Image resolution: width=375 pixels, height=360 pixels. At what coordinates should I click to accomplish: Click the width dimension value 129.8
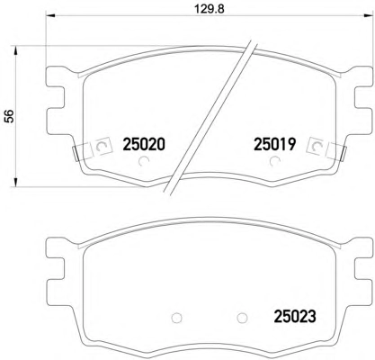click(210, 9)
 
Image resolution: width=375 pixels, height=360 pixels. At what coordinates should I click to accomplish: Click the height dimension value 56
click(10, 116)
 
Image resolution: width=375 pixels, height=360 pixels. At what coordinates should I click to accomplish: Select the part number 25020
click(144, 145)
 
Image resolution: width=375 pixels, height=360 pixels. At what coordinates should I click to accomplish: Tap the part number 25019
click(275, 145)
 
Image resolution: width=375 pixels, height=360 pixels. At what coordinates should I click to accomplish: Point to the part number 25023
click(295, 316)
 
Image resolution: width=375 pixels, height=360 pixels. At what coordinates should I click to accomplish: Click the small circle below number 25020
click(144, 161)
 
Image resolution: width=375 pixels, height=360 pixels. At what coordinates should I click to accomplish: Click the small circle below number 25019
click(274, 161)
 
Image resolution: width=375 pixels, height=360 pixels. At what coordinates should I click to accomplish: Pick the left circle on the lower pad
click(176, 318)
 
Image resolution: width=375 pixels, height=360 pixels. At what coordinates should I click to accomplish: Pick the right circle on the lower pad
click(242, 318)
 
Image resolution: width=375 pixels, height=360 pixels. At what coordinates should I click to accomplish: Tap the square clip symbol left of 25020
click(102, 146)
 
